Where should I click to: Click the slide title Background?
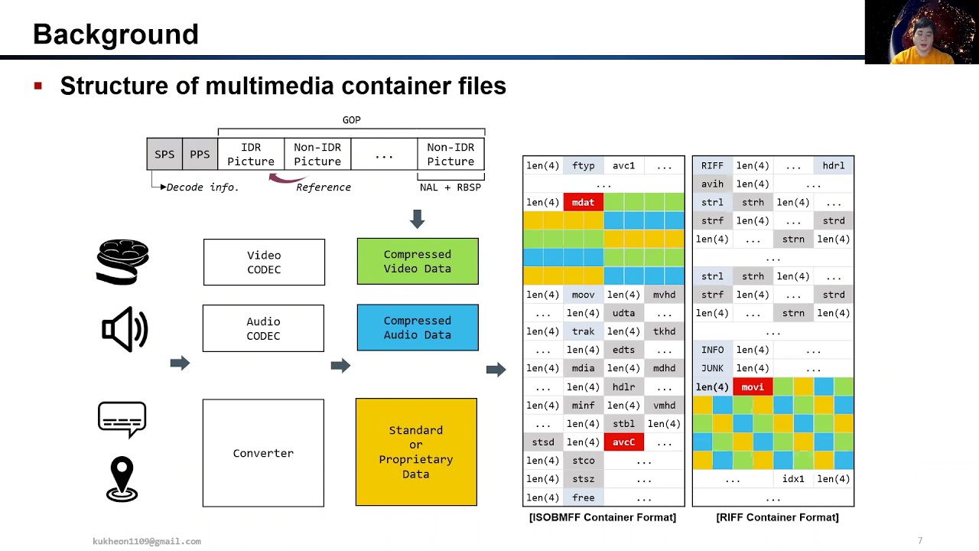(x=115, y=34)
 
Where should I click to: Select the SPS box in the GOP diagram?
(x=164, y=155)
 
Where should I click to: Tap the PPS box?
(x=200, y=155)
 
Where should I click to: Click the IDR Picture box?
(x=251, y=155)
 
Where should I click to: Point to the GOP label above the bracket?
(x=351, y=120)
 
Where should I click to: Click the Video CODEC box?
(x=264, y=262)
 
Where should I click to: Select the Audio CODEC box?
(x=263, y=328)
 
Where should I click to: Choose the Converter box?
(x=263, y=453)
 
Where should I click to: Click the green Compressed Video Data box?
(x=418, y=262)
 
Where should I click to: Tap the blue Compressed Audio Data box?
(x=418, y=328)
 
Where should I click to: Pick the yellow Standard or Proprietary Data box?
(x=416, y=452)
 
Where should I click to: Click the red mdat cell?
(x=583, y=203)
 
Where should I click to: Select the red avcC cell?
(x=623, y=442)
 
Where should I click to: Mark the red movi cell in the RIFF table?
(x=753, y=387)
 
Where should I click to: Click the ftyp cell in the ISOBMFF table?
(x=583, y=166)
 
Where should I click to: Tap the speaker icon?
(x=124, y=329)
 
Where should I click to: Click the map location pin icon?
(x=122, y=479)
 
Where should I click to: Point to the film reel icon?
(x=122, y=262)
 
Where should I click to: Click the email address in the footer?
(x=147, y=541)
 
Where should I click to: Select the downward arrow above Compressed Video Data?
(x=417, y=220)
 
